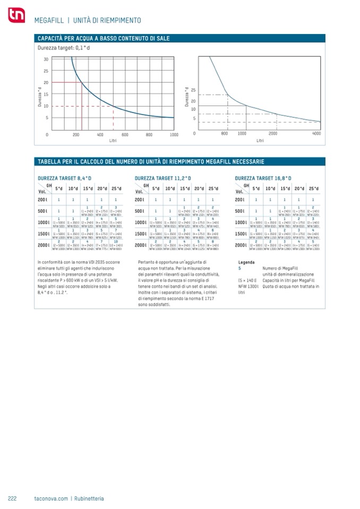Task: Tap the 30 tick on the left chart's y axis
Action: click(x=46, y=59)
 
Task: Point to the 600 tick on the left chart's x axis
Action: click(x=125, y=135)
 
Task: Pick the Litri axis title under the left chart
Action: click(x=113, y=141)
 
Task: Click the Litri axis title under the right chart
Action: click(x=260, y=141)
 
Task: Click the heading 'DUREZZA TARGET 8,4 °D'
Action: click(x=65, y=178)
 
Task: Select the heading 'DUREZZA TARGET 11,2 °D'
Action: click(x=163, y=178)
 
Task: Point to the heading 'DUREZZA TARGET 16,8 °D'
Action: click(x=263, y=178)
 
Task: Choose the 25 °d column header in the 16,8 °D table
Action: click(x=314, y=188)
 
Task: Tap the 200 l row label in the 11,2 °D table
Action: click(x=140, y=200)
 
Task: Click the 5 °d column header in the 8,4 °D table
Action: click(x=58, y=188)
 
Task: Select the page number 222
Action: click(x=13, y=498)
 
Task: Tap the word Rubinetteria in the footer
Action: click(x=88, y=498)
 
